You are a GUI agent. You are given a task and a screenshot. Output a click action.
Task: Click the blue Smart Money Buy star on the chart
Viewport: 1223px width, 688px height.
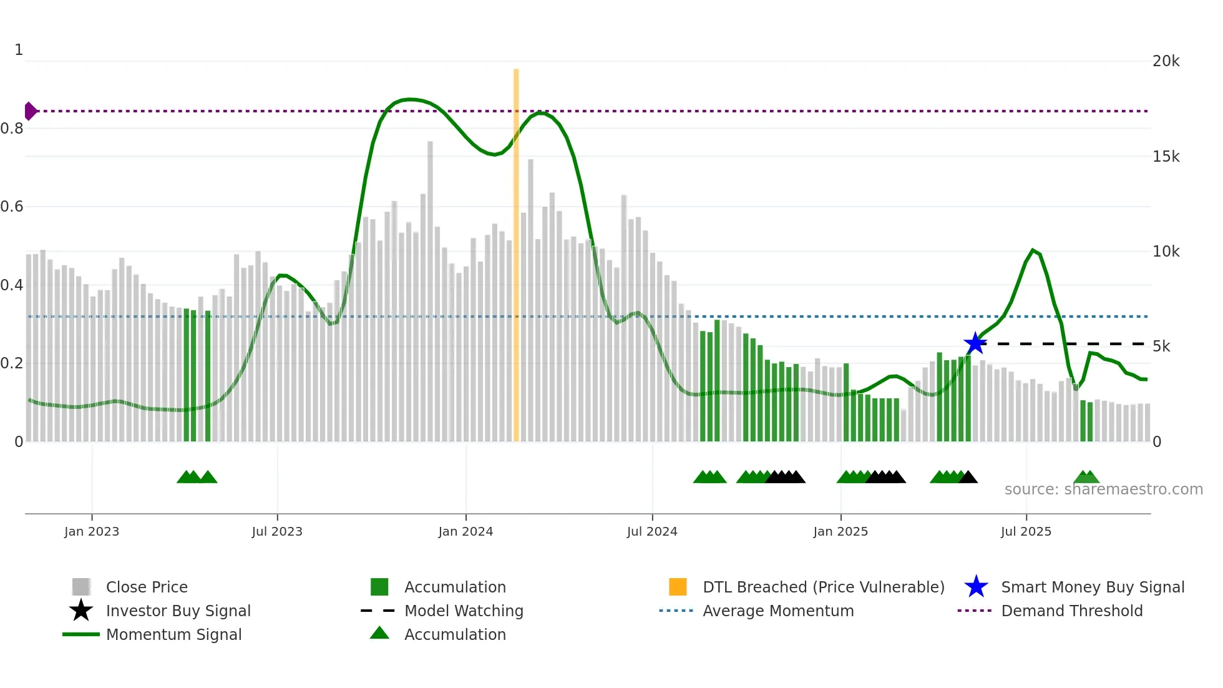[x=975, y=343]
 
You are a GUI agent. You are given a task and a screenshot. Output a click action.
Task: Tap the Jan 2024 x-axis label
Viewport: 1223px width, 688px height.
[x=465, y=531]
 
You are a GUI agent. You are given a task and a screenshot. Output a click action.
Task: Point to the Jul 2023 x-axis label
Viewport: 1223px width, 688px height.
[x=277, y=531]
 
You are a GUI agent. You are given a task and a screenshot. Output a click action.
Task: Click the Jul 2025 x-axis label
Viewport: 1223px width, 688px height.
[x=1026, y=531]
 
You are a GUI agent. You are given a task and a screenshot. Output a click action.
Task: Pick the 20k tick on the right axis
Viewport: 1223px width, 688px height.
[x=1166, y=61]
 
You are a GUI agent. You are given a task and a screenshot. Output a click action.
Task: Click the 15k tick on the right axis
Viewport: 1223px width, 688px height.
[x=1166, y=156]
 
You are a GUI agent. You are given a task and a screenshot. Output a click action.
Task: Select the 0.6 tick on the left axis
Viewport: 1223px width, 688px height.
[x=12, y=207]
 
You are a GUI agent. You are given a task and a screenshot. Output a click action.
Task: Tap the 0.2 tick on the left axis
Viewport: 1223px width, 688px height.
[x=12, y=363]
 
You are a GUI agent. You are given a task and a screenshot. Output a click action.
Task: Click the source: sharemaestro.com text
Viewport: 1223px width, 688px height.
[x=1103, y=489]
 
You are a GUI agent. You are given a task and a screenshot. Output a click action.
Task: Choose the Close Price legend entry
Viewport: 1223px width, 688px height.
[x=147, y=587]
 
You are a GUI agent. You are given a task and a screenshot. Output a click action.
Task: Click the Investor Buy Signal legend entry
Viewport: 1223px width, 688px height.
[x=178, y=611]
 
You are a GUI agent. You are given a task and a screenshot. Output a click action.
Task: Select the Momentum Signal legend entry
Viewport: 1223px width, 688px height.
[x=173, y=634]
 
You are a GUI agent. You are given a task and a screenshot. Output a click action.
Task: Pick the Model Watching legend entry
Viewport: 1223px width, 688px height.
[x=464, y=611]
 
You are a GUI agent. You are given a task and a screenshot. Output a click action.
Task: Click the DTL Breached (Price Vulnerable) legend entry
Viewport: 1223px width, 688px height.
[x=823, y=587]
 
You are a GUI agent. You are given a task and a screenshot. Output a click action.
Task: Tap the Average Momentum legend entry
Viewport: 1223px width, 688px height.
[x=778, y=611]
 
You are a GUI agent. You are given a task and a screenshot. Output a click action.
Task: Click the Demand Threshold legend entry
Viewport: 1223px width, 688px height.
[x=1071, y=611]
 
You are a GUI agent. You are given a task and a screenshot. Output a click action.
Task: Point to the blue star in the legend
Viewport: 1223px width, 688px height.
[x=976, y=587]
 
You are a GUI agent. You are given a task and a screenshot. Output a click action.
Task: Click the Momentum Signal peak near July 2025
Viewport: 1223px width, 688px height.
[x=1033, y=250]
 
